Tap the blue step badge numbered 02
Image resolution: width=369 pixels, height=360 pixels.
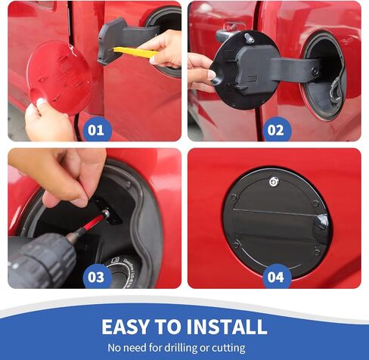tap(277, 130)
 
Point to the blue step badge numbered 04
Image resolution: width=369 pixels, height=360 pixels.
tap(277, 277)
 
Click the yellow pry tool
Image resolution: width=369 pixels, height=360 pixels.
tap(135, 52)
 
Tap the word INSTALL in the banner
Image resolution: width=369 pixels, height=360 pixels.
tap(227, 327)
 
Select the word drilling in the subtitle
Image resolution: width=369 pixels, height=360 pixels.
tap(181, 348)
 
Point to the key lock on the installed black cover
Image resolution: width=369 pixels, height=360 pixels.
tap(274, 182)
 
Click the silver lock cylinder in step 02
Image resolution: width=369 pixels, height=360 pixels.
tap(249, 39)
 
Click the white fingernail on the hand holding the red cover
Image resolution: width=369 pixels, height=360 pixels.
tap(42, 102)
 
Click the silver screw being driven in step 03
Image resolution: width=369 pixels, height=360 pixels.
tap(105, 213)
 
